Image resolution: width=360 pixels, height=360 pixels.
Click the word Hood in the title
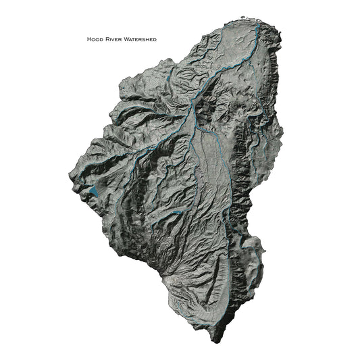click(x=95, y=40)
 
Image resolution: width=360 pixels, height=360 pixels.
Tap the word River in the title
click(x=113, y=40)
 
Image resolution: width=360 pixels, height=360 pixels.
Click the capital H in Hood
click(x=88, y=40)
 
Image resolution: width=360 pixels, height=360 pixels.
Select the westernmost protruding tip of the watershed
click(x=68, y=178)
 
